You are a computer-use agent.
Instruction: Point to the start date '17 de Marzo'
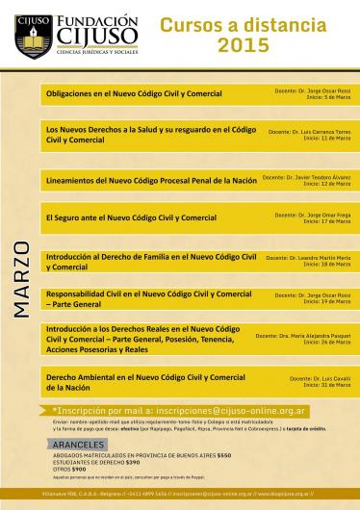coord(333,221)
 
